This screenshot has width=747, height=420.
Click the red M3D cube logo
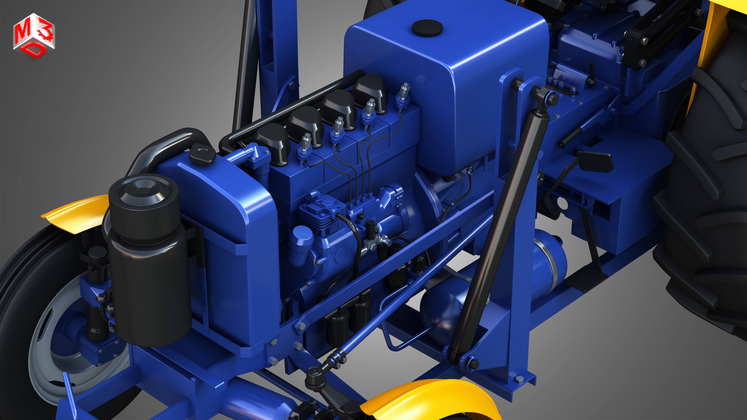point(34,36)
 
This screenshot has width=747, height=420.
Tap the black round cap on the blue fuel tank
point(427,28)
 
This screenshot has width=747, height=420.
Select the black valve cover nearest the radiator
point(273,142)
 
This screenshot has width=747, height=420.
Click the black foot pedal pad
point(595,161)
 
